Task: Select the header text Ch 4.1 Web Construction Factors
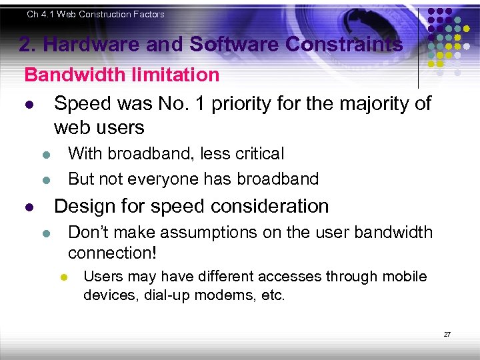click(x=95, y=14)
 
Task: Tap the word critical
click(x=256, y=154)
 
